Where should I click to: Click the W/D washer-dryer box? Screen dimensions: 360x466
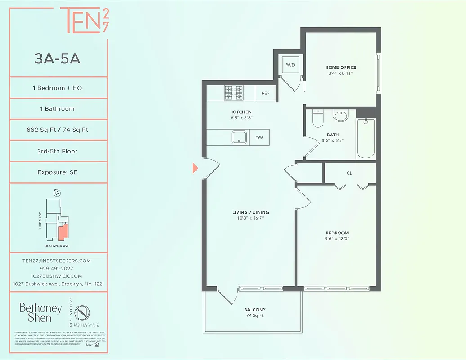click(x=290, y=65)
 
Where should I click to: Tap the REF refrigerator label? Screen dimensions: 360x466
click(x=265, y=94)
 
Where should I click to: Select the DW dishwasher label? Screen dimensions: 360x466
click(x=260, y=138)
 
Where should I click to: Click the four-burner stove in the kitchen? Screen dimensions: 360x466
click(x=233, y=93)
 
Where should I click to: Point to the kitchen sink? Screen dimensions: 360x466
click(x=239, y=137)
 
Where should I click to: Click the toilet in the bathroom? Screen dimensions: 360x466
click(x=318, y=118)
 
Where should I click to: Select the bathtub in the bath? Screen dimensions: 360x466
click(x=366, y=138)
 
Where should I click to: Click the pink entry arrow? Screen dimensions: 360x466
click(x=195, y=168)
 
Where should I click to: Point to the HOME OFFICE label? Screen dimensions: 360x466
click(x=341, y=67)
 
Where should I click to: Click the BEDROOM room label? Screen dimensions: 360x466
click(x=337, y=233)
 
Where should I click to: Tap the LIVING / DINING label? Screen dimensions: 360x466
click(x=251, y=212)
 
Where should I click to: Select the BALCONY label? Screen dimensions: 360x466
click(x=255, y=310)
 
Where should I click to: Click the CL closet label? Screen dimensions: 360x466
click(x=349, y=173)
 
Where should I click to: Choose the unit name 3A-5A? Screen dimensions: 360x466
click(x=58, y=58)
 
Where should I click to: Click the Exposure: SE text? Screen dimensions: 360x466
click(x=57, y=172)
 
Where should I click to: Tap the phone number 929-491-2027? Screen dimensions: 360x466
click(x=57, y=268)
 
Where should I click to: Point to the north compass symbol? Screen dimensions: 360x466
click(x=57, y=193)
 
